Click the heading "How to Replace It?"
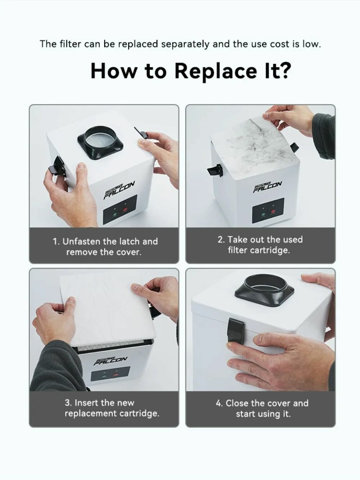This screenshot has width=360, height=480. [191, 71]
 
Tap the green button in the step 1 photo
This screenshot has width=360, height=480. [115, 215]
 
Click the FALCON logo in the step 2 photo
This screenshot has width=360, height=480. [267, 187]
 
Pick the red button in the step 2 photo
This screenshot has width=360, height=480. [273, 212]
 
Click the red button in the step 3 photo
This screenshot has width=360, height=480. [116, 375]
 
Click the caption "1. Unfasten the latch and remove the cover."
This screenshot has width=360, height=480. [105, 247]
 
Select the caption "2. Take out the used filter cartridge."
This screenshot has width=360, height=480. [260, 245]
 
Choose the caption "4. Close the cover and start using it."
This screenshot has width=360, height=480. [262, 408]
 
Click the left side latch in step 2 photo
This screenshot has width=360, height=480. [215, 170]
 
